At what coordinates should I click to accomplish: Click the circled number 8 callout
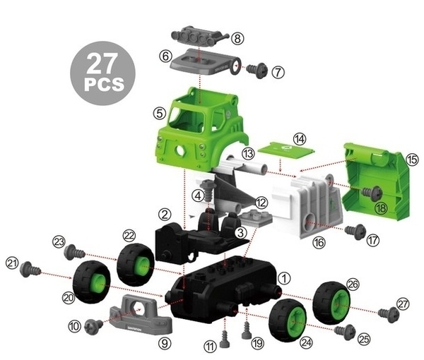(x=237, y=39)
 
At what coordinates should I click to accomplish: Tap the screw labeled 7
(x=257, y=70)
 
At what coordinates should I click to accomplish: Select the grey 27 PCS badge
(x=102, y=73)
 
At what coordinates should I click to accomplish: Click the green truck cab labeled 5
(x=202, y=130)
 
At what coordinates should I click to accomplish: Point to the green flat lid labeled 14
(x=286, y=150)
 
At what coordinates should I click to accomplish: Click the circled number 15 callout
(x=412, y=160)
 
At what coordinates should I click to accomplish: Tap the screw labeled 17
(x=355, y=232)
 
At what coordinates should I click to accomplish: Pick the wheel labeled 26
(x=332, y=303)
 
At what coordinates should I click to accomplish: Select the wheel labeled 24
(x=288, y=320)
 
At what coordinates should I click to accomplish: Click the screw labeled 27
(x=389, y=314)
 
